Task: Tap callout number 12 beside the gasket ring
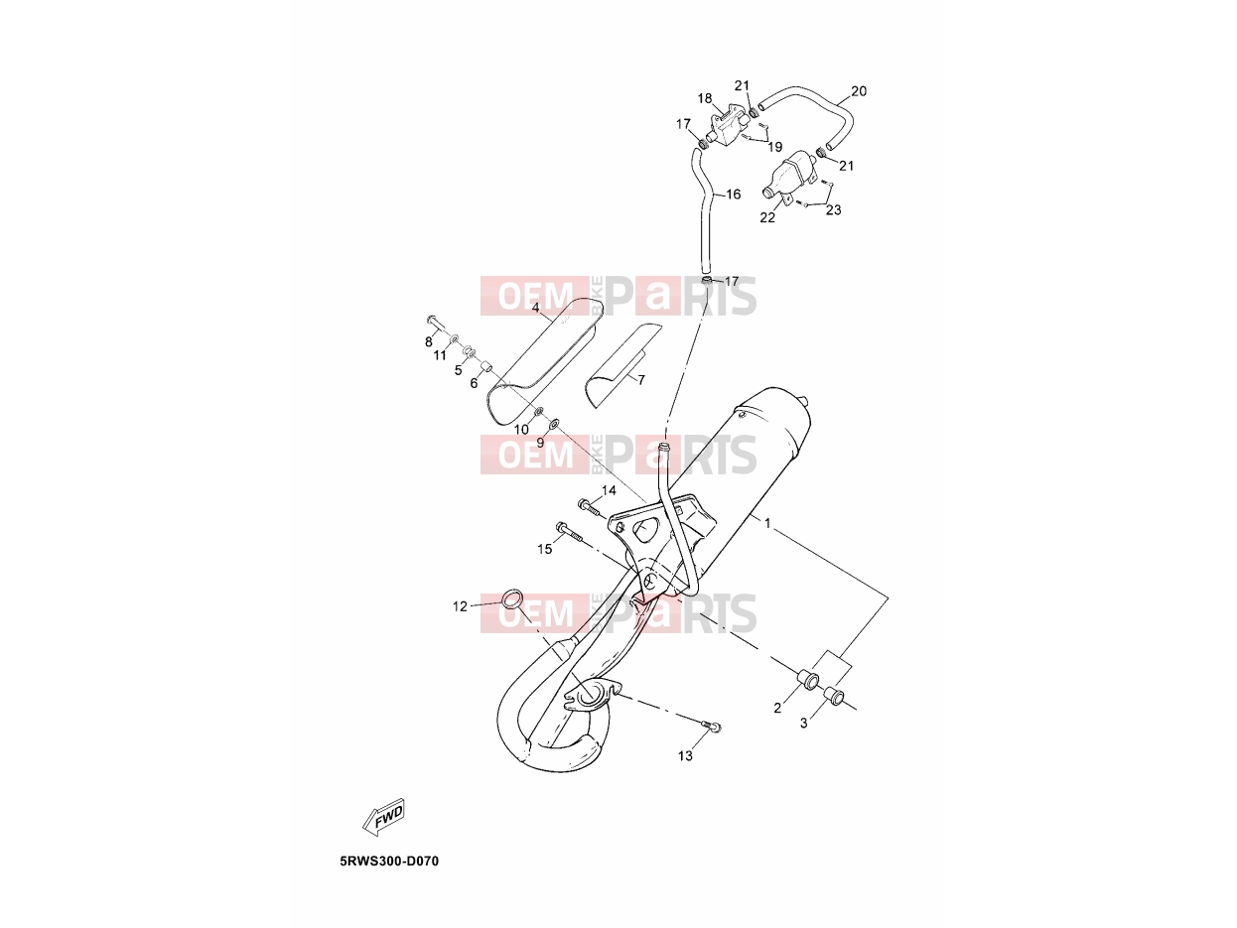[460, 606]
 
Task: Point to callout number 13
[685, 755]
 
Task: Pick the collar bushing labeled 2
[807, 679]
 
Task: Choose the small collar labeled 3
[833, 697]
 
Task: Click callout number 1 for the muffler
[767, 523]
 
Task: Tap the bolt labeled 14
[592, 506]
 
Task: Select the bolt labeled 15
[569, 532]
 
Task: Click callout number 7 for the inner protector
[641, 380]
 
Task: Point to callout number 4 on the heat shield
[535, 308]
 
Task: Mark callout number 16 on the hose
[734, 195]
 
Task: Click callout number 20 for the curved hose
[859, 90]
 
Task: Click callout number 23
[834, 209]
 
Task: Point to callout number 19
[775, 147]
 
